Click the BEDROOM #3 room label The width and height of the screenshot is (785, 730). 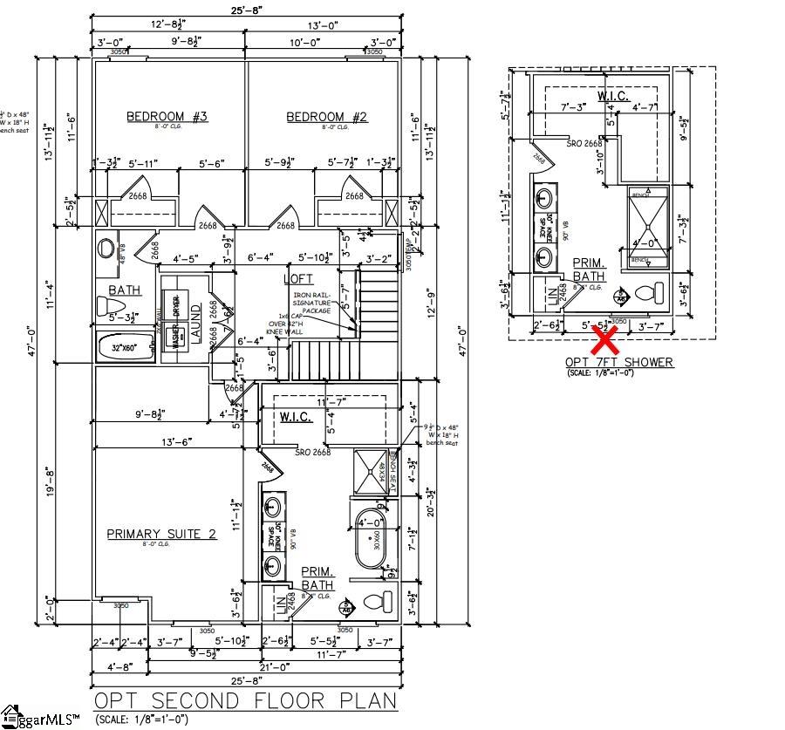[167, 117]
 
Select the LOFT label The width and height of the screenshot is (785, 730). [297, 278]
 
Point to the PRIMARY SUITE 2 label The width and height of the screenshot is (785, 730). [161, 534]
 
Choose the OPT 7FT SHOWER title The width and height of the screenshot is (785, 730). [618, 362]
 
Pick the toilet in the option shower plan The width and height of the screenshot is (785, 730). [646, 293]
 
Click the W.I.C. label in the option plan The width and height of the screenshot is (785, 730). [614, 95]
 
